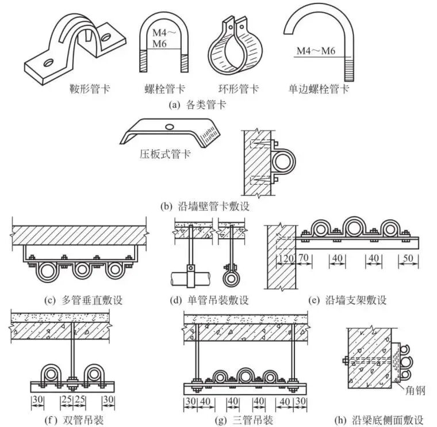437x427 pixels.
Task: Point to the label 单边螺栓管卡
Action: point(320,89)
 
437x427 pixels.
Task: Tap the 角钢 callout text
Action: point(415,391)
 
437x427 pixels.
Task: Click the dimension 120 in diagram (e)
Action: point(286,258)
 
